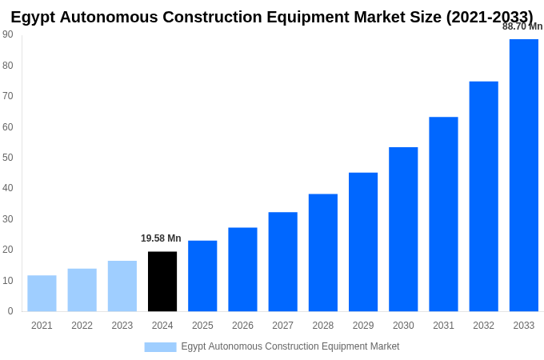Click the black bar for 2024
point(162,282)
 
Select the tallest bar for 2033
point(524,175)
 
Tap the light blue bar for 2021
point(42,294)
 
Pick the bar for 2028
point(323,253)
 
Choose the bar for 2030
point(403,230)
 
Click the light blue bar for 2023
point(122,286)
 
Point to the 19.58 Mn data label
point(161,238)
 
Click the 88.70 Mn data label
point(522,26)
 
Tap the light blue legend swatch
point(160,347)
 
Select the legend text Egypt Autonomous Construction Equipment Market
point(290,346)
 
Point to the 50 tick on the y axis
point(8,158)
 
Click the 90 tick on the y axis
point(8,34)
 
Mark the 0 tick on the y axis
point(10,311)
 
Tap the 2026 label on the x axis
point(242,326)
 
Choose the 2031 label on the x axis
point(443,326)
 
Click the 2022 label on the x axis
point(82,326)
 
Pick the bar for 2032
point(483,197)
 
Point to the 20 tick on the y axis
point(8,250)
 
